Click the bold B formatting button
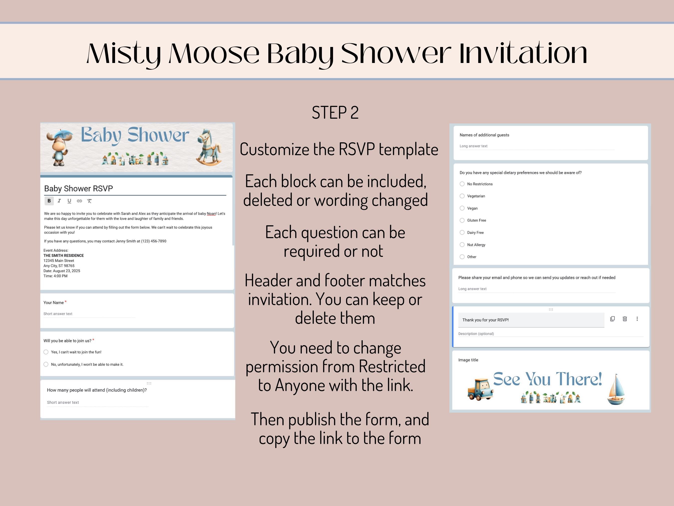[x=49, y=201]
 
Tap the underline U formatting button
[x=69, y=201]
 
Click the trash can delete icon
[x=625, y=319]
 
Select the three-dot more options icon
[x=637, y=319]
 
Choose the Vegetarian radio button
[x=462, y=196]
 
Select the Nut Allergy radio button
[x=462, y=245]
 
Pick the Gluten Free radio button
[x=462, y=220]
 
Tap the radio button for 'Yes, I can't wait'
[x=46, y=352]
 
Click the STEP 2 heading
[x=335, y=112]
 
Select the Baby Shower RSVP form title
[x=79, y=188]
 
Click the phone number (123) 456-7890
[x=154, y=241]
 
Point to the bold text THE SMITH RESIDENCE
[x=63, y=256]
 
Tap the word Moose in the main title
[x=214, y=54]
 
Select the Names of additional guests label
[x=484, y=135]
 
